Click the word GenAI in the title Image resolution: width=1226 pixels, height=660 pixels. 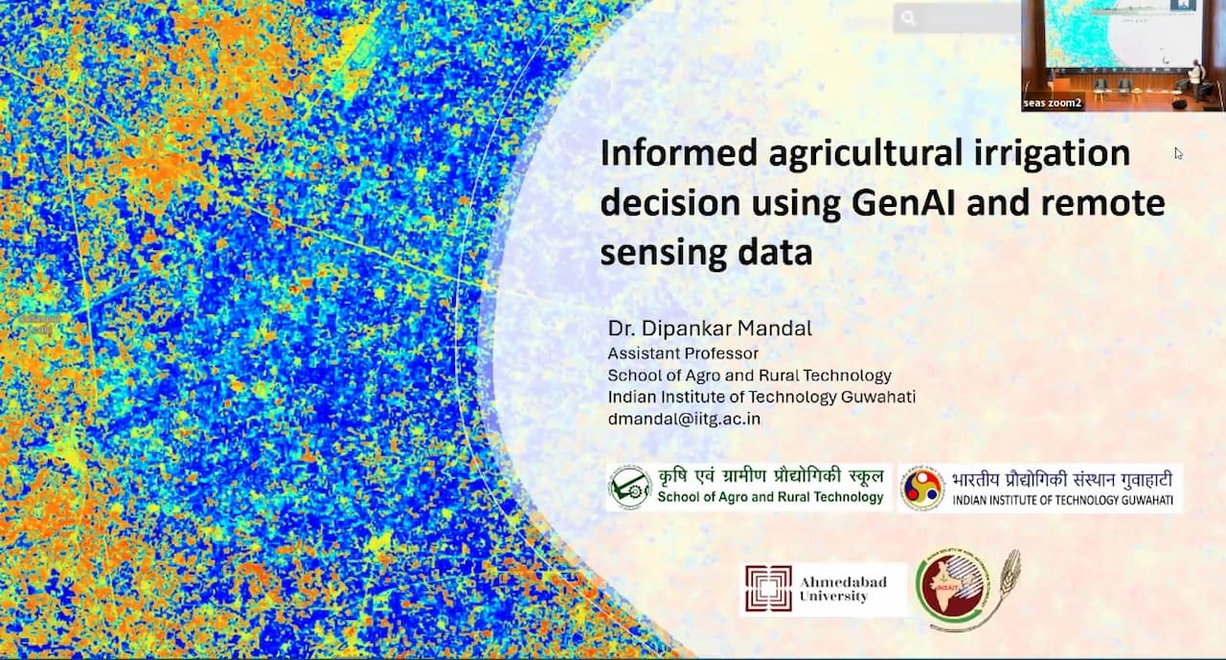coord(906,203)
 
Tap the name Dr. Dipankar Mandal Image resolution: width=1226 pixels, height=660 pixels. coord(709,329)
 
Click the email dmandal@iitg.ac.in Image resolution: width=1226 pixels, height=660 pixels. coord(684,419)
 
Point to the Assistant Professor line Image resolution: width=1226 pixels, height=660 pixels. coord(682,353)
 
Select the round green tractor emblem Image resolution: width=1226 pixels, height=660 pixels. coord(630,488)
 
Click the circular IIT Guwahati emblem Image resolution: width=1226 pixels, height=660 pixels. coord(922,488)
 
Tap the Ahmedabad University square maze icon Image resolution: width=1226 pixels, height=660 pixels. coord(769,588)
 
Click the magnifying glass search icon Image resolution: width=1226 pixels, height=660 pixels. coord(908,17)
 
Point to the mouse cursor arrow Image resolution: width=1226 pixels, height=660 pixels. coord(1178,152)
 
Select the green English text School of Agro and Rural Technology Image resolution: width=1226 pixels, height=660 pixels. coord(770,497)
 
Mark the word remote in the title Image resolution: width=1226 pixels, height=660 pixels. coord(1111,203)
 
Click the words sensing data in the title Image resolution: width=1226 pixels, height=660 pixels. coord(706,253)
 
